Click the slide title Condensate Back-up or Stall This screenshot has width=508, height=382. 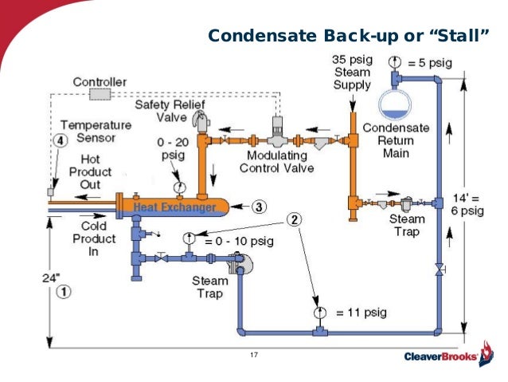tap(348, 36)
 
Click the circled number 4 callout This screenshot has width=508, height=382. tap(59, 140)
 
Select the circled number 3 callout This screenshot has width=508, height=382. tap(260, 207)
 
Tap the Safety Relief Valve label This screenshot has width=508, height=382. tap(160, 112)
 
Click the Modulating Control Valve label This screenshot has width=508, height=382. tap(280, 162)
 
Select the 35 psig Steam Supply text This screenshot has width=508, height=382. tap(351, 73)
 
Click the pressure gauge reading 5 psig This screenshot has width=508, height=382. tap(393, 61)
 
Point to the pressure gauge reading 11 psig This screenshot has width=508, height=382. tap(318, 312)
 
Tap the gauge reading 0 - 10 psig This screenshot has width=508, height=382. tap(189, 238)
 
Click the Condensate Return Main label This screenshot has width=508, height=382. tap(395, 140)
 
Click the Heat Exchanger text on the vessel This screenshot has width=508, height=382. tap(174, 208)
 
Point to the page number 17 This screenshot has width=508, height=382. tap(255, 356)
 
